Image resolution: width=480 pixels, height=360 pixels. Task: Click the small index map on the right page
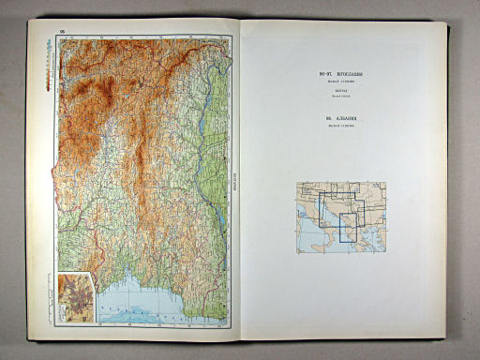pyautogui.click(x=339, y=217)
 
